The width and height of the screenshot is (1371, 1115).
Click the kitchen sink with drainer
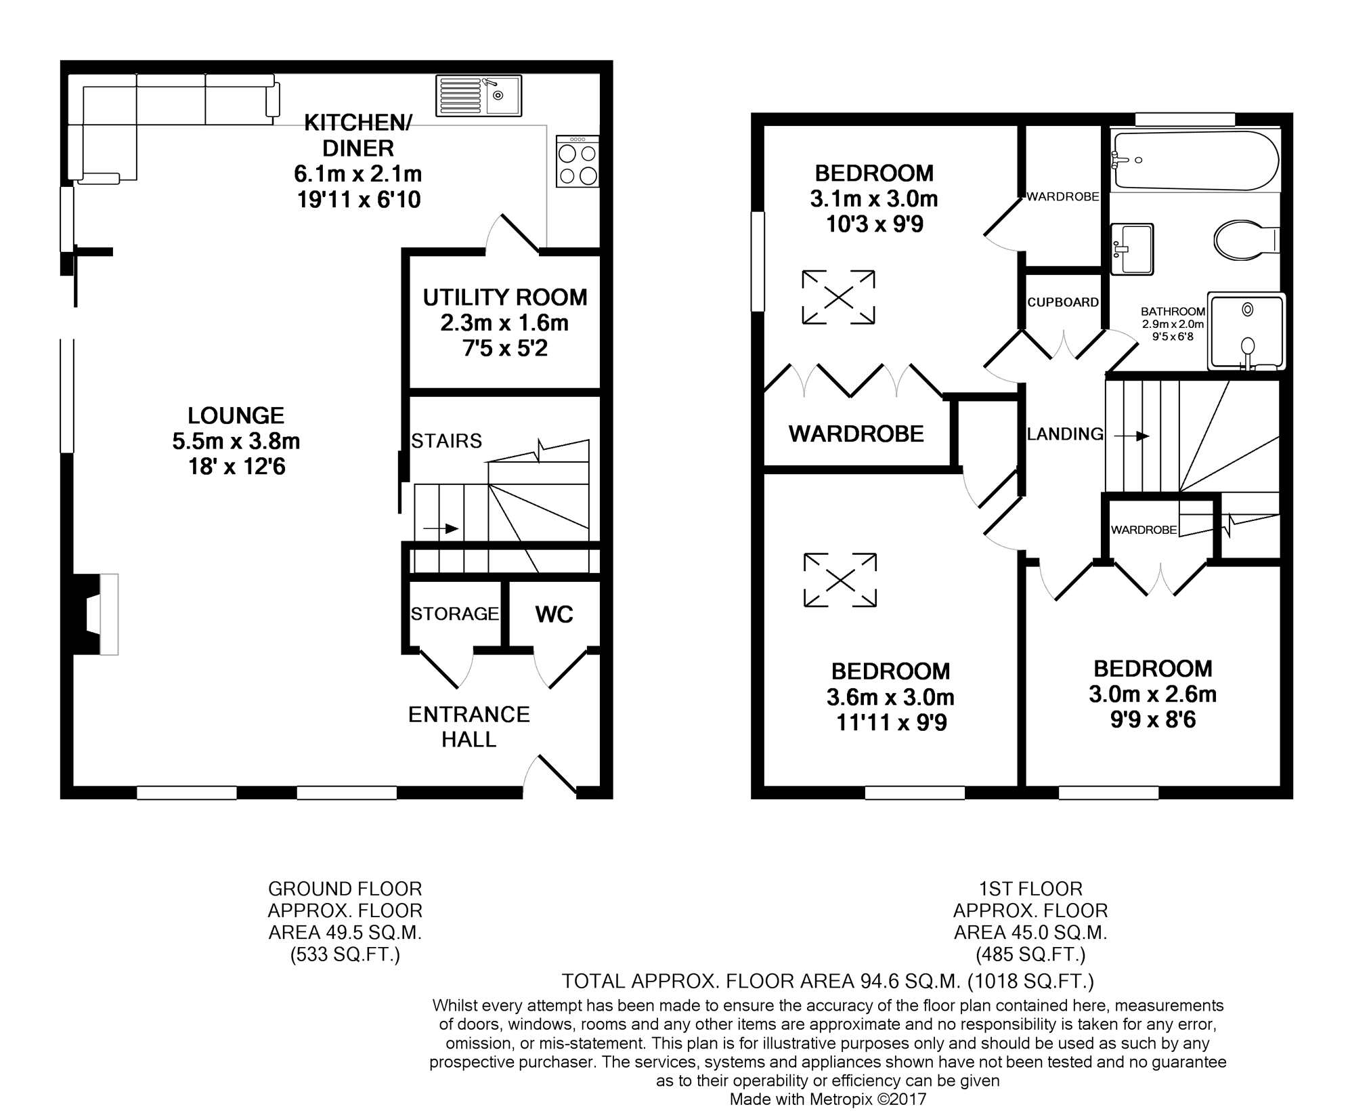coord(479,95)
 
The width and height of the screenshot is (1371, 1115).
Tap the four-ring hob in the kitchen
coord(578,161)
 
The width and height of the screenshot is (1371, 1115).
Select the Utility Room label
coord(505,297)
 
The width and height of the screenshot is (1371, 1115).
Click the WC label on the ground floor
coord(554,614)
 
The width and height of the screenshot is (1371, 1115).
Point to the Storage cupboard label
coord(455,614)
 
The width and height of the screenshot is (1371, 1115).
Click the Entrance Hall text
coord(469,727)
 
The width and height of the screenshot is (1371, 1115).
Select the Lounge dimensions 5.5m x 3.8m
coord(236,442)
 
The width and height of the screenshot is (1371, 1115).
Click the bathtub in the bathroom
coord(1195,161)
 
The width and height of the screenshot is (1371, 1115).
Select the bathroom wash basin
coord(1132,249)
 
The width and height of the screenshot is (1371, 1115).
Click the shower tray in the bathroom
coord(1246,331)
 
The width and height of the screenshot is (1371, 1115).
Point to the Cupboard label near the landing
coord(1063,302)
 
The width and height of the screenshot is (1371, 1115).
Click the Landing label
coord(1065,434)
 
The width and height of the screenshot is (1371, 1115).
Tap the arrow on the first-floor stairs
coord(1132,436)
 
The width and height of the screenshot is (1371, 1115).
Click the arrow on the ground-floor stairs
coord(441,528)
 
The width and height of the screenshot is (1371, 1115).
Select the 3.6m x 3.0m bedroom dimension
coord(890,697)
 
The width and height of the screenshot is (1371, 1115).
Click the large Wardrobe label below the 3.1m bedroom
coord(856,434)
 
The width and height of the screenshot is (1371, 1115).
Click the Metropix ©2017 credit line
coord(828,1099)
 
